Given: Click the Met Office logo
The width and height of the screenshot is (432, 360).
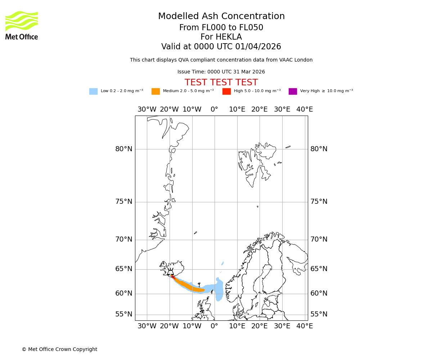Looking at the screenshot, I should [x=22, y=25].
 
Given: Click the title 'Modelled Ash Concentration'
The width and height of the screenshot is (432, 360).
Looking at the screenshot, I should [x=221, y=16].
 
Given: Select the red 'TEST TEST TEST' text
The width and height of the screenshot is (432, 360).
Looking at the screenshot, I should [x=221, y=82].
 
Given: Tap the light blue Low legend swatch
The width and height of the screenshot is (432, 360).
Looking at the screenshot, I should [x=93, y=91].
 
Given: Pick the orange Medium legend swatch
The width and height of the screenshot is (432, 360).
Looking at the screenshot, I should [x=156, y=91].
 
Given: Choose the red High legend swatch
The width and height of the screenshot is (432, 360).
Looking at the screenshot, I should [x=226, y=91].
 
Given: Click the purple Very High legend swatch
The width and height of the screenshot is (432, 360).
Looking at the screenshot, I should [x=293, y=91].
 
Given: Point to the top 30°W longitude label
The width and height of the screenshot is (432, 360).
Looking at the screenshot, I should [x=147, y=109].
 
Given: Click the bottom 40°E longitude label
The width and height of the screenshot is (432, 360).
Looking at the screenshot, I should [x=305, y=326].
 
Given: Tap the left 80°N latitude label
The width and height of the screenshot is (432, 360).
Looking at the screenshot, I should [x=124, y=149].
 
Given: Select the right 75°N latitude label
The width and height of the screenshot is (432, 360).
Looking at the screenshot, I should [x=319, y=202].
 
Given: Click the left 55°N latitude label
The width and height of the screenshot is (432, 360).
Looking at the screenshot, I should [x=124, y=314].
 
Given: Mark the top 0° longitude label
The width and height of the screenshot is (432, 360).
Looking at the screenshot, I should [x=215, y=109].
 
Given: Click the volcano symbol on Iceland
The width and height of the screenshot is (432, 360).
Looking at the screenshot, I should [x=171, y=272].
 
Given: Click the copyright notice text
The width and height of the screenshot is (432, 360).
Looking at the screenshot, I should [x=59, y=349].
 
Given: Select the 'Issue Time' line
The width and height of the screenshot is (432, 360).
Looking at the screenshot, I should [x=221, y=72].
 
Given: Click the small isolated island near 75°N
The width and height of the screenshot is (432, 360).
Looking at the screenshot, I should [x=257, y=207].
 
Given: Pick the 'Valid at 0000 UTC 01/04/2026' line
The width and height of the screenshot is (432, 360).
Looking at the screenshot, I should [x=221, y=47].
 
